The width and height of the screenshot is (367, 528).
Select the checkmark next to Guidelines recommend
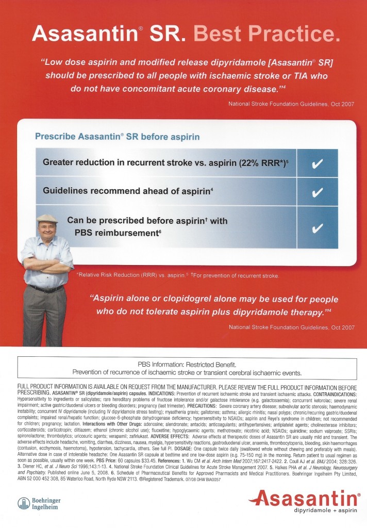click(319, 192)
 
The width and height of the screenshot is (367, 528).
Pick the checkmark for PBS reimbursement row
click(319, 227)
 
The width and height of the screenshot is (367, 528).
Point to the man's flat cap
click(47, 218)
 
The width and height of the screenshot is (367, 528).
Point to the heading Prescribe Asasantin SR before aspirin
click(117, 137)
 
